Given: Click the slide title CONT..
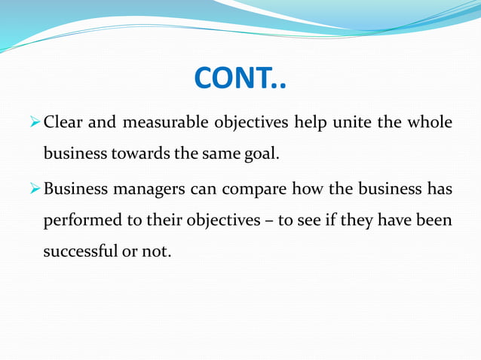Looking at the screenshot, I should (x=240, y=78).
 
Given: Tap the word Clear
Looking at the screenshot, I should (x=64, y=123).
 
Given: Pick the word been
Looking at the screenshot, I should (x=434, y=221).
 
